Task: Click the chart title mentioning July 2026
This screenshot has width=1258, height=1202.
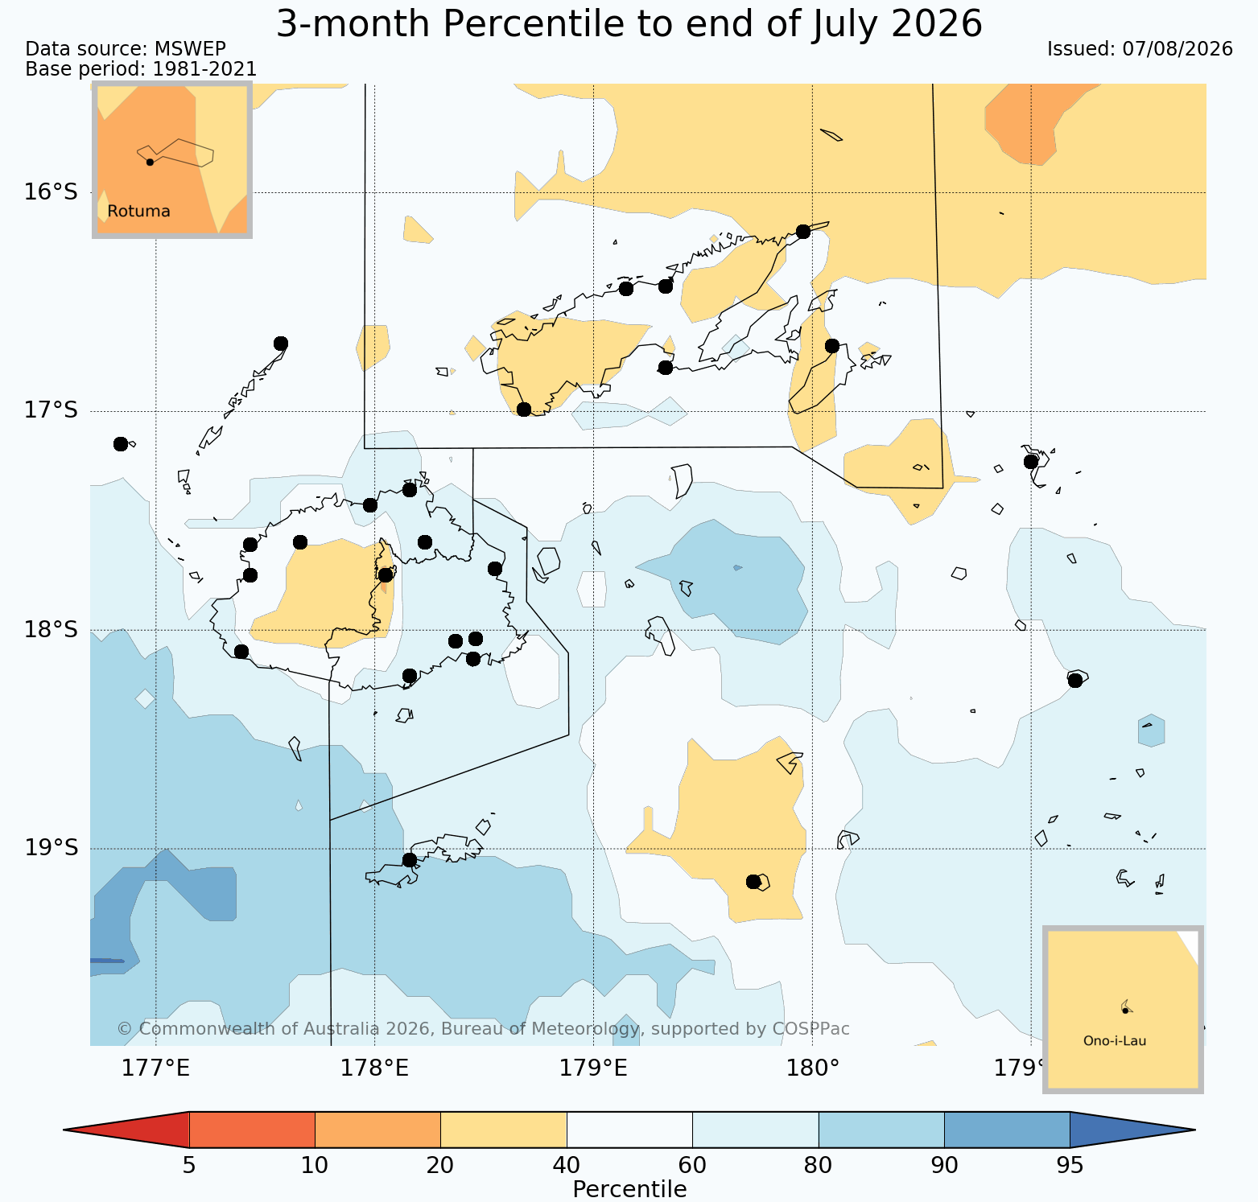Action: pos(629,24)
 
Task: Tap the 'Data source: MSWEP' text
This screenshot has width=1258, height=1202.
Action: pos(126,49)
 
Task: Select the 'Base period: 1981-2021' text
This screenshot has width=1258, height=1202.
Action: pos(141,69)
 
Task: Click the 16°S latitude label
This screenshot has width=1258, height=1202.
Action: pos(51,192)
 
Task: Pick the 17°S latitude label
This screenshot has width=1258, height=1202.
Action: pos(51,411)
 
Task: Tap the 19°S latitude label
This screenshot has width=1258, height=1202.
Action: pos(51,848)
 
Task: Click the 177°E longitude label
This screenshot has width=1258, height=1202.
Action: pos(155,1068)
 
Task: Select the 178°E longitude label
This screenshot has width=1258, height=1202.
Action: pos(374,1068)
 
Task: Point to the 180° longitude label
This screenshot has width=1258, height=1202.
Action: pos(812,1068)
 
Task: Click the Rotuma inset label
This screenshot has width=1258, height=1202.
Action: pos(139,212)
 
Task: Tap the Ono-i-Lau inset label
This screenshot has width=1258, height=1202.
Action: pos(1115,1041)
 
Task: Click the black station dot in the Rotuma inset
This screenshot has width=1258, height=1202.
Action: pos(150,162)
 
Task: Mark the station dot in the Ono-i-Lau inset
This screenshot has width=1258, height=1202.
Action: pos(1125,1011)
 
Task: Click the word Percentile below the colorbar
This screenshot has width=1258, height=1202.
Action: pos(629,1189)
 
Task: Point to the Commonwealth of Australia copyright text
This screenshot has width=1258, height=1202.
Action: pos(483,1029)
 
